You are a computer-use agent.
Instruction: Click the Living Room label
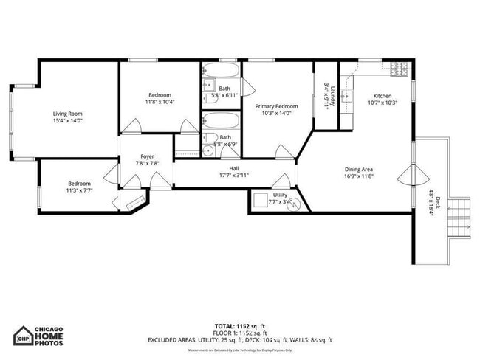[x=67, y=114]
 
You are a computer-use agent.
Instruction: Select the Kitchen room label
[x=382, y=96]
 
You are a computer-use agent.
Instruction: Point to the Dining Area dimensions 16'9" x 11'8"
[x=359, y=176]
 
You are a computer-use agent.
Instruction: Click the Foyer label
[x=148, y=156]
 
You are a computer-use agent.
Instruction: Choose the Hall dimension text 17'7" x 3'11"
[x=234, y=176]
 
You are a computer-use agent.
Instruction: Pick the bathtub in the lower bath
[x=219, y=121]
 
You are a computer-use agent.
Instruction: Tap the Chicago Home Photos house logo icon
[x=24, y=335]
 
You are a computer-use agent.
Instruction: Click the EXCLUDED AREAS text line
[x=240, y=339]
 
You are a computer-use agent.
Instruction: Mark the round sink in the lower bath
[x=208, y=150]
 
